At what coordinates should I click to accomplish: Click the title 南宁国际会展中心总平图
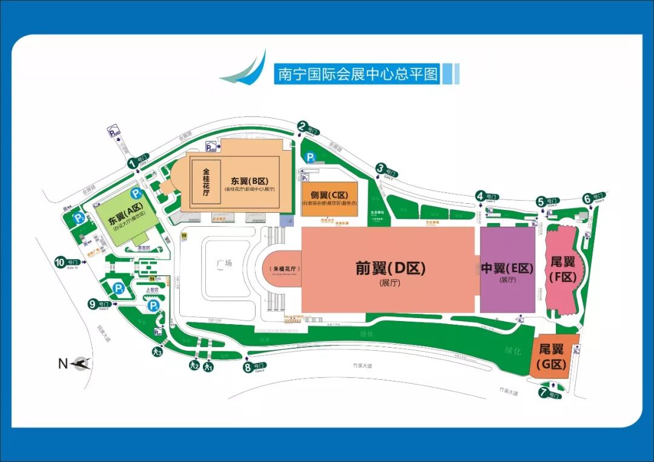[357, 74]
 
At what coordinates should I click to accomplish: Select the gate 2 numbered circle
[302, 126]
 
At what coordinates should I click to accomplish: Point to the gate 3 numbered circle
[380, 168]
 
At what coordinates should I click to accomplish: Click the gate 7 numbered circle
[543, 392]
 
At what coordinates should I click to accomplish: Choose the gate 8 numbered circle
[247, 366]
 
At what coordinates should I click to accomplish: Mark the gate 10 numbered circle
[60, 262]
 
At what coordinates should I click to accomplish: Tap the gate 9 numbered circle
[93, 304]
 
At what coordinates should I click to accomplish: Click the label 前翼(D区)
[391, 268]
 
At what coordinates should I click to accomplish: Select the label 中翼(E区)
[507, 268]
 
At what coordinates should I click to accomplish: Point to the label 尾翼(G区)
[552, 357]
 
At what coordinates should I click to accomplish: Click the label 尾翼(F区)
[563, 269]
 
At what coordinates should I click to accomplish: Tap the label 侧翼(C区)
[329, 195]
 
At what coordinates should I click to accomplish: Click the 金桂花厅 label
[205, 182]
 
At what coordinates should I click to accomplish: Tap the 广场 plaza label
[225, 264]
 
